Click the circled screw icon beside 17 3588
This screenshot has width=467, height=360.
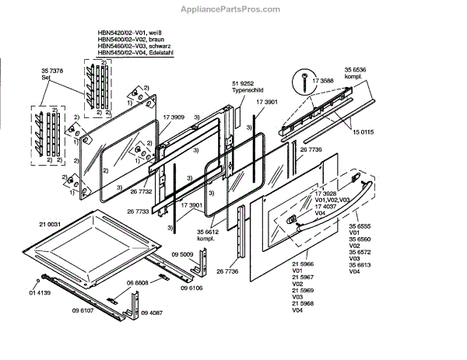pyautogui.click(x=301, y=79)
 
